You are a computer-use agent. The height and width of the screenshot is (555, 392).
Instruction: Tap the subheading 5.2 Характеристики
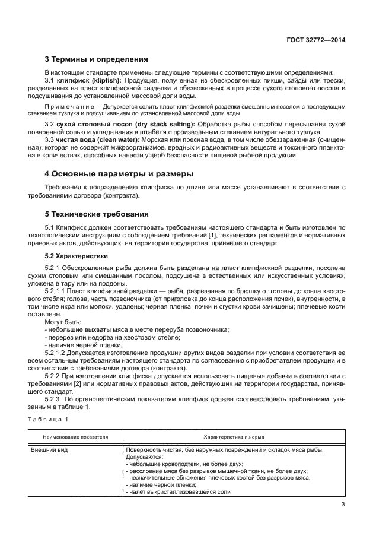(77, 256)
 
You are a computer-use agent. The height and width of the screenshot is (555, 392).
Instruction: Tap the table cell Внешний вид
(51, 450)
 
